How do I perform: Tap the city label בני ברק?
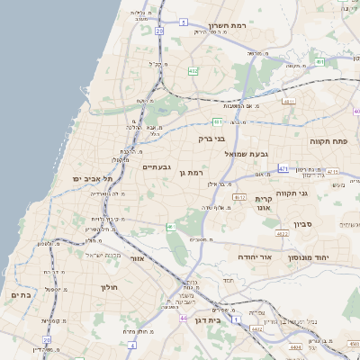(x=214, y=139)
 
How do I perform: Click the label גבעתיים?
(x=157, y=167)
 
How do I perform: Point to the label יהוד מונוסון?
(x=334, y=257)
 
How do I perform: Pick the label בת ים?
(x=21, y=294)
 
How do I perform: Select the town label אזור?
(x=138, y=258)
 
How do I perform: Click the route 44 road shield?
(x=184, y=318)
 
